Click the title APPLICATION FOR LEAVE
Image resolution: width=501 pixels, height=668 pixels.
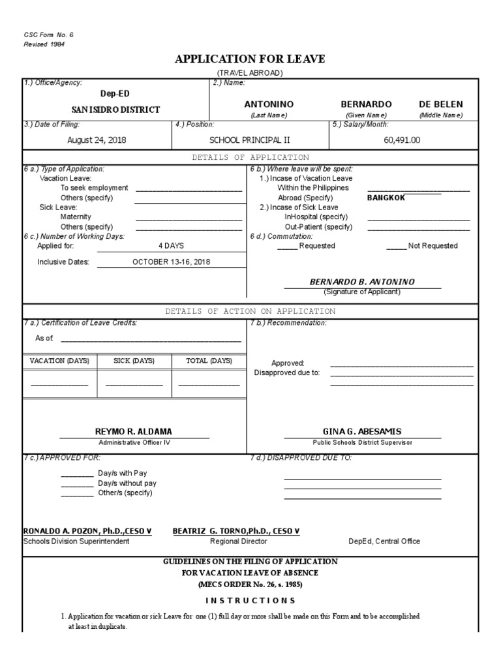(x=250, y=59)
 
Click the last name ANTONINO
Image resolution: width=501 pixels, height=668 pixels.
(x=269, y=104)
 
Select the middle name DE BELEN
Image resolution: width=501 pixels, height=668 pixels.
(x=440, y=104)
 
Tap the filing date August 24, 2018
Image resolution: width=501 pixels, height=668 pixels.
(x=97, y=140)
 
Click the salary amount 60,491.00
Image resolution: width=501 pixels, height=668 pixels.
(x=402, y=140)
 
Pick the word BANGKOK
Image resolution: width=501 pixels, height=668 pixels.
(x=386, y=198)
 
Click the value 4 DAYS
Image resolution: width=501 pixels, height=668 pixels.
(x=171, y=246)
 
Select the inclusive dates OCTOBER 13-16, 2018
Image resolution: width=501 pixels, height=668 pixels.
(x=171, y=262)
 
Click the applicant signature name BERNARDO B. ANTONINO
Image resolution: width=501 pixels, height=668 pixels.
(x=361, y=282)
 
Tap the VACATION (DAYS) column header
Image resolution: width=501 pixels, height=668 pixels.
(x=59, y=361)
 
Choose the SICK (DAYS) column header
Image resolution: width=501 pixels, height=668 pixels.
(x=134, y=361)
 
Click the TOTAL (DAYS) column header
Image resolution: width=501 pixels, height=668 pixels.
(x=209, y=361)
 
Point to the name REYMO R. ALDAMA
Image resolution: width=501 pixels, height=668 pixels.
(x=134, y=432)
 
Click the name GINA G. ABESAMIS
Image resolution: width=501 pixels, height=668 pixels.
(x=362, y=432)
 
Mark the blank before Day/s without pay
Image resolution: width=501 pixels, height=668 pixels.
(x=78, y=483)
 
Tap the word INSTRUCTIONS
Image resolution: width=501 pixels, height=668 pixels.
(x=250, y=600)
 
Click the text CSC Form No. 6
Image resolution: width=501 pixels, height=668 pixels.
(x=44, y=35)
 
